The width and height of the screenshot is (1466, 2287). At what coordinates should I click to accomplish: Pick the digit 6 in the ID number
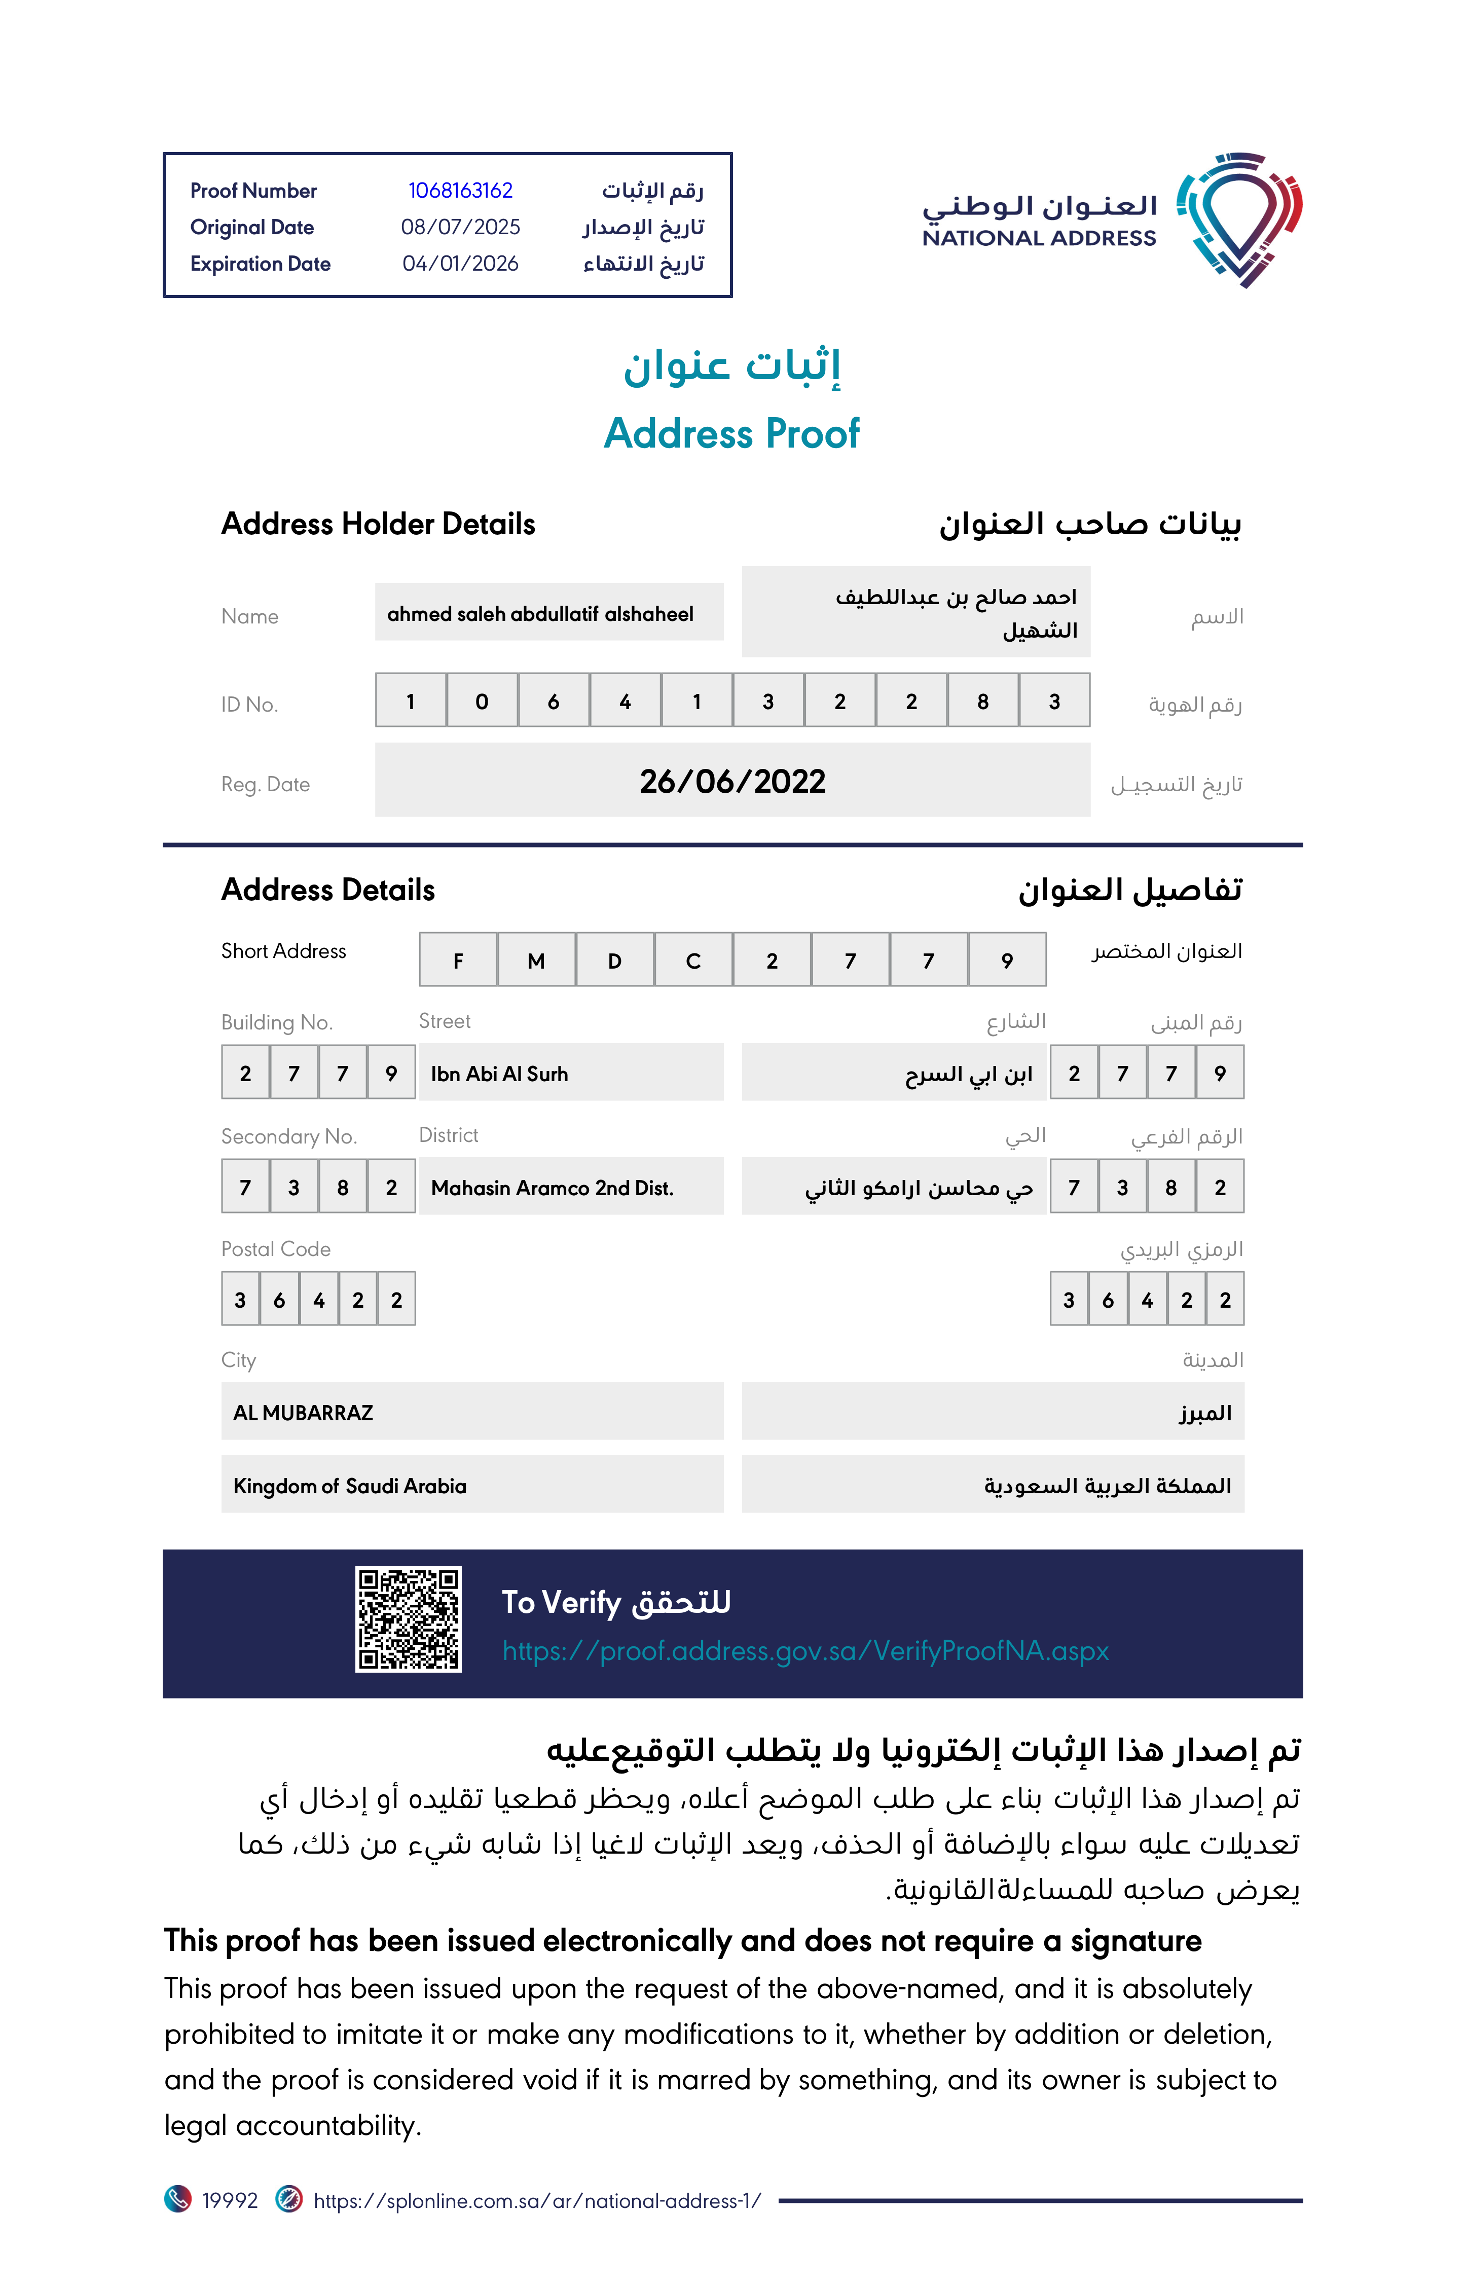tap(553, 702)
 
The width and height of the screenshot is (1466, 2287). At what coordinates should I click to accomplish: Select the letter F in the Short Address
tap(458, 961)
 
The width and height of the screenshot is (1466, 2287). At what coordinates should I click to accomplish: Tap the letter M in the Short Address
tap(536, 961)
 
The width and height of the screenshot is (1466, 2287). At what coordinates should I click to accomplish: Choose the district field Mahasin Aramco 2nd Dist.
tap(552, 1188)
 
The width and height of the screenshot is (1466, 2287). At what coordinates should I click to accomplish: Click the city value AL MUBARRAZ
tap(303, 1412)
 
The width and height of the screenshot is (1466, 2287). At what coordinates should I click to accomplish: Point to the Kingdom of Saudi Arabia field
tap(349, 1486)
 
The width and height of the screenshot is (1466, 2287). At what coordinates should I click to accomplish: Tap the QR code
tap(409, 1619)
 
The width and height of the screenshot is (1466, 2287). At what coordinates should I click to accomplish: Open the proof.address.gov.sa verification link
tap(805, 1650)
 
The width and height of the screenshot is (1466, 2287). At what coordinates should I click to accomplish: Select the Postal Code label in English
tap(276, 1248)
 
